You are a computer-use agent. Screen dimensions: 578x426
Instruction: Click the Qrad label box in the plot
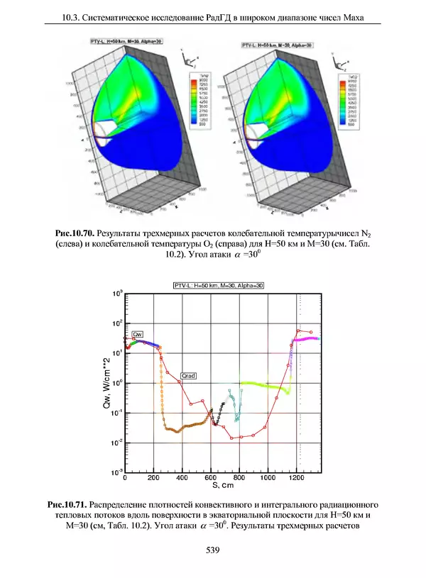tap(188, 374)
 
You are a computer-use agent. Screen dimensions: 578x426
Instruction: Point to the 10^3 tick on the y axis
tap(117, 292)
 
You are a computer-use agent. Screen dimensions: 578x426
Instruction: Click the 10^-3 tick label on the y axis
tap(117, 472)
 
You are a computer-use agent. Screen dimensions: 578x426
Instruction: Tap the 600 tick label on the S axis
tap(211, 479)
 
